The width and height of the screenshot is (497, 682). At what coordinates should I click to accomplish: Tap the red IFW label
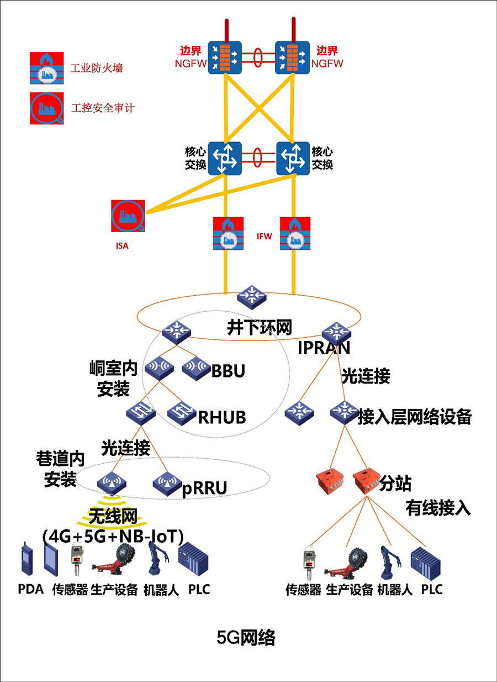pyautogui.click(x=265, y=236)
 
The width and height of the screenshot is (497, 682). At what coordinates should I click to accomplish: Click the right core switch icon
pyautogui.click(x=293, y=159)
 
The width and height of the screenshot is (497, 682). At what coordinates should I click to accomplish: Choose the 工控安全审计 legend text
pyautogui.click(x=103, y=108)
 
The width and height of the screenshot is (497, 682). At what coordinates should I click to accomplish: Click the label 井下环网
pyautogui.click(x=260, y=327)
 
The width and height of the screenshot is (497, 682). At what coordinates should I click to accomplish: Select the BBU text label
pyautogui.click(x=228, y=371)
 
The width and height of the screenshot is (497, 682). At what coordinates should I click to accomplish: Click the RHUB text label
pyautogui.click(x=222, y=417)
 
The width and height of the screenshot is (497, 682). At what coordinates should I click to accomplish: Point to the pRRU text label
pyautogui.click(x=205, y=487)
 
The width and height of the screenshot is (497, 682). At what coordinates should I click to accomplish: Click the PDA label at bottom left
pyautogui.click(x=31, y=589)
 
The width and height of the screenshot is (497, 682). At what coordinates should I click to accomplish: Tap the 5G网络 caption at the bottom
pyautogui.click(x=246, y=638)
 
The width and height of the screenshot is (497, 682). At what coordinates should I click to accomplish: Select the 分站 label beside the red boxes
pyautogui.click(x=395, y=484)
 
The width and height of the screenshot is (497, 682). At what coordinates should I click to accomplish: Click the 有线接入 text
pyautogui.click(x=438, y=507)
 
